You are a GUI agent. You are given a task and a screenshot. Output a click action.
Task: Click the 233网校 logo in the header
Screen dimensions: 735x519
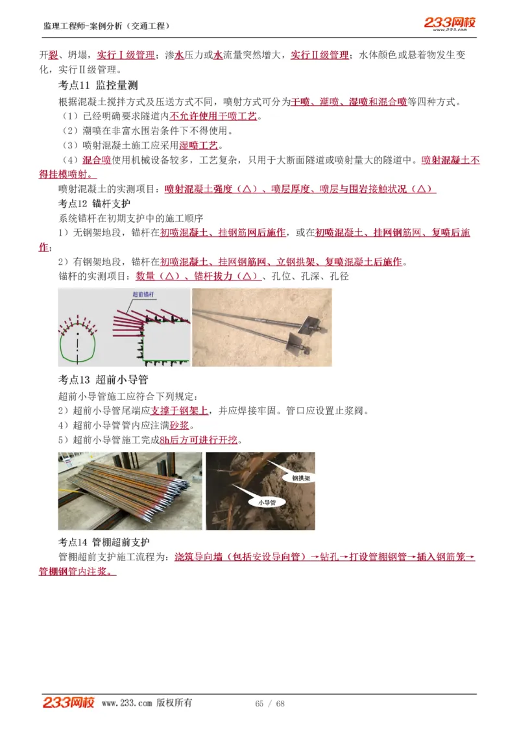[x=450, y=23]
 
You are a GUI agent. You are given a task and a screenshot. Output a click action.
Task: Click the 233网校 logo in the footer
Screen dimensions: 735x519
[x=69, y=703]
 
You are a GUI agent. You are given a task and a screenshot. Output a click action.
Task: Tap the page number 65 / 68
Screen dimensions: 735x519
[x=270, y=704]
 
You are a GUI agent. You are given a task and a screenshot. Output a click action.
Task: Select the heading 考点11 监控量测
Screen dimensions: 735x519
[x=98, y=86]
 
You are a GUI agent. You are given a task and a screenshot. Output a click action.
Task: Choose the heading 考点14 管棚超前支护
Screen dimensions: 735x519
[x=104, y=542]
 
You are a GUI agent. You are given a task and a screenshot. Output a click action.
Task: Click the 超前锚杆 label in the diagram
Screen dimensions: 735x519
[x=143, y=294]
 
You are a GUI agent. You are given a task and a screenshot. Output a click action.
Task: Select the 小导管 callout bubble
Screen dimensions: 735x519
[x=267, y=502]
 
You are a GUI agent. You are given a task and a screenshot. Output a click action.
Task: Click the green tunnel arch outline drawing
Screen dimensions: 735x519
[x=78, y=342]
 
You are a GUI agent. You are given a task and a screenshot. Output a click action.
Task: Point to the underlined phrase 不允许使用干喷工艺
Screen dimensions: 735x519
[x=213, y=117]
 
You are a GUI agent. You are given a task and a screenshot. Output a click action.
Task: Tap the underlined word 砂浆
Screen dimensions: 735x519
[x=179, y=426]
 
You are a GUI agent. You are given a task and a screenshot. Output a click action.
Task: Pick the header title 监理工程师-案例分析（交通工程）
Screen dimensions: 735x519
[x=107, y=26]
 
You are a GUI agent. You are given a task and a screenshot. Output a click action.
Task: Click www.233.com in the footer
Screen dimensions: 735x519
[x=127, y=703]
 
